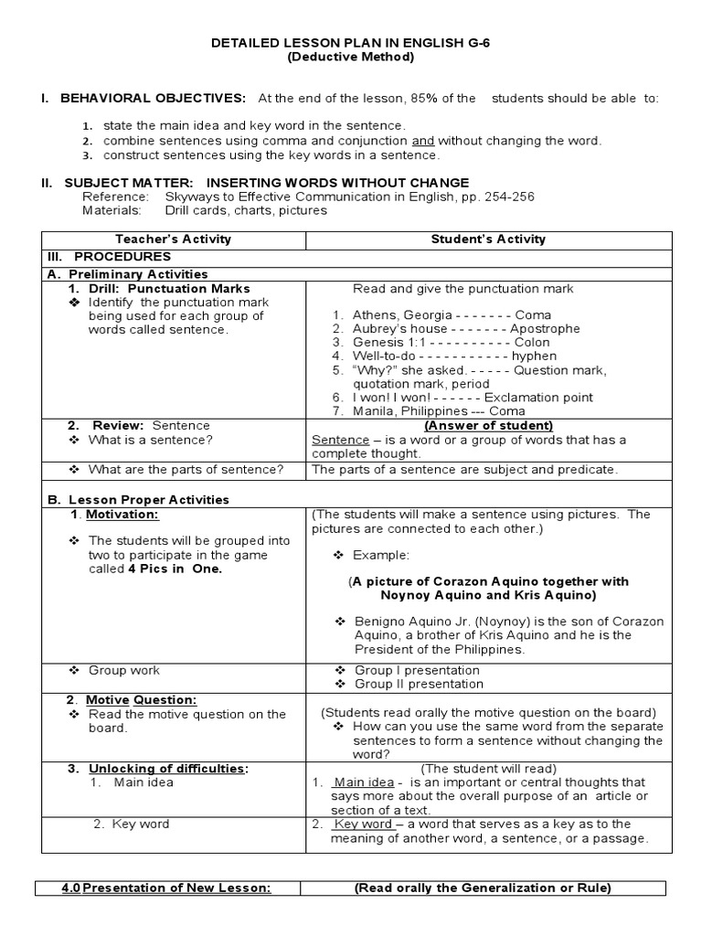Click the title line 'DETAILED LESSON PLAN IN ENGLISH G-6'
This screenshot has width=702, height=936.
pyautogui.click(x=351, y=43)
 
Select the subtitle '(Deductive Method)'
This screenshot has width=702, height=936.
pyautogui.click(x=351, y=57)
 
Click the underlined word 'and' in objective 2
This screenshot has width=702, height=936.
pyautogui.click(x=422, y=141)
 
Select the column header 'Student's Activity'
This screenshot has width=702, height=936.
pyautogui.click(x=488, y=239)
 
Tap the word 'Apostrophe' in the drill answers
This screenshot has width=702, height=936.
pyautogui.click(x=545, y=328)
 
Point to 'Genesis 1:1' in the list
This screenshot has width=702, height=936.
pyautogui.click(x=386, y=342)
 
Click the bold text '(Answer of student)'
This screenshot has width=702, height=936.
pyautogui.click(x=488, y=425)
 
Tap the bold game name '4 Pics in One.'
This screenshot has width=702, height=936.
pyautogui.click(x=175, y=568)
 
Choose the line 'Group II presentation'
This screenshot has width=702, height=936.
pyautogui.click(x=419, y=684)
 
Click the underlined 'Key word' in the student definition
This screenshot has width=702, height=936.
pyautogui.click(x=364, y=824)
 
